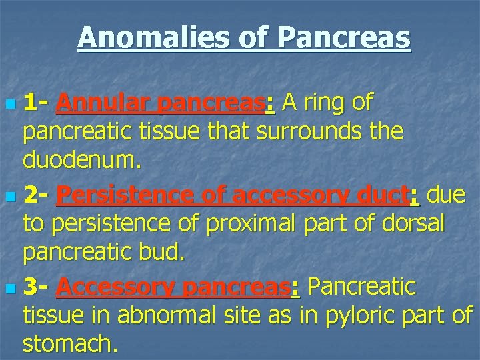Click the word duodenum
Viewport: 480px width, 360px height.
pyautogui.click(x=77, y=159)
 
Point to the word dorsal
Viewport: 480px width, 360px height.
pyautogui.click(x=420, y=224)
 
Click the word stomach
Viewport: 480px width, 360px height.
pyautogui.click(x=69, y=344)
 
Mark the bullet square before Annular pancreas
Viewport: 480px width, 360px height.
pyautogui.click(x=9, y=105)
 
